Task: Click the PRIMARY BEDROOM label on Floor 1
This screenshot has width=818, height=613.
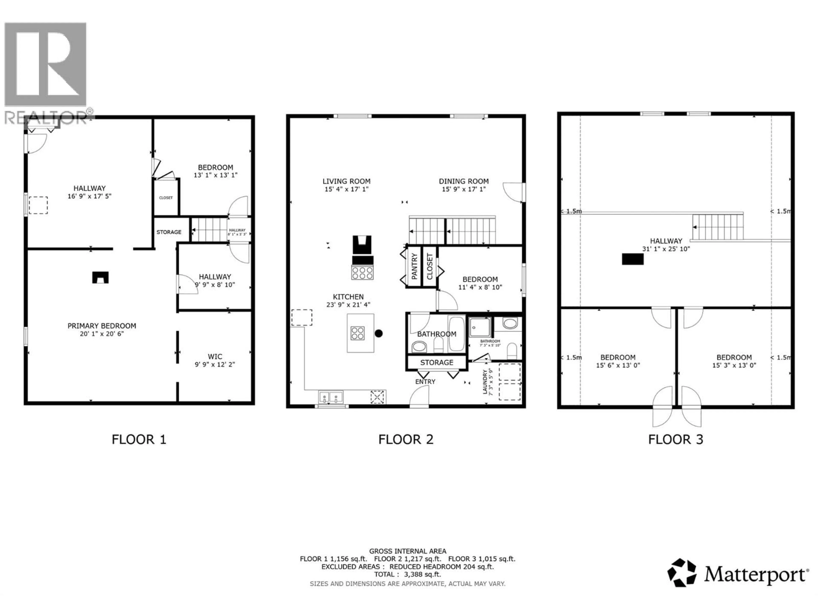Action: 102,326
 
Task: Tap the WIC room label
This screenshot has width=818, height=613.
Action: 215,357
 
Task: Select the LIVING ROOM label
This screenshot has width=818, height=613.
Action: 346,181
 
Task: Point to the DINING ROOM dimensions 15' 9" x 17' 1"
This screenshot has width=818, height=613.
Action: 464,189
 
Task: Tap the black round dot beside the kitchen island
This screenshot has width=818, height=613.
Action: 378,333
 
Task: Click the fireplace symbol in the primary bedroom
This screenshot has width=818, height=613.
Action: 100,278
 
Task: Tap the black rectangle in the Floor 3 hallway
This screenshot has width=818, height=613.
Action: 632,259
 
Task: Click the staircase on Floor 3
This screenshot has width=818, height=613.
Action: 718,227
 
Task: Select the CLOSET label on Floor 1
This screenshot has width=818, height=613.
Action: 166,198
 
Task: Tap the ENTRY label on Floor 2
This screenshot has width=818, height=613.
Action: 425,382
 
